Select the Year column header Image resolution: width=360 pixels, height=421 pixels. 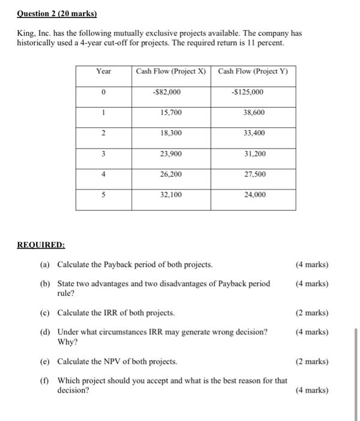coord(103,72)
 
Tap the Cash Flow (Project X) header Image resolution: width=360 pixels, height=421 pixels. coord(171,72)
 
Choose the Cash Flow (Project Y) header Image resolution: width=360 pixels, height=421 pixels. coord(253,72)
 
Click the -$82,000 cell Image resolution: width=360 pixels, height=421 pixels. coord(171,92)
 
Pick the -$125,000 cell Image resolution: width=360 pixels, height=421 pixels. coord(253,92)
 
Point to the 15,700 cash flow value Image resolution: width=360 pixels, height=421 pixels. coord(171,112)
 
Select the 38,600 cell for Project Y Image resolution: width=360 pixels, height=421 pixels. coord(253,112)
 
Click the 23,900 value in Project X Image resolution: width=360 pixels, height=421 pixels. coord(171,154)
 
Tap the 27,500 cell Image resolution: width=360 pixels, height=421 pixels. coord(253,174)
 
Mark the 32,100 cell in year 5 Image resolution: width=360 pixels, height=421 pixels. coord(171,195)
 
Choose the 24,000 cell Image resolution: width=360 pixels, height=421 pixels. coord(253,195)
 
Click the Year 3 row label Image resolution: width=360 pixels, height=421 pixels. coord(103,154)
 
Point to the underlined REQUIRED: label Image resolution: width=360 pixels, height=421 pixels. coord(41,245)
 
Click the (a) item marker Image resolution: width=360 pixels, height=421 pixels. coord(45,265)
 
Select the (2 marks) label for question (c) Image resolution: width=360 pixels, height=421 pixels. coord(312,313)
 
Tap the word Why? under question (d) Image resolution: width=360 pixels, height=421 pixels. coord(66,342)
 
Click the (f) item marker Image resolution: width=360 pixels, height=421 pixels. coord(45,381)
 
